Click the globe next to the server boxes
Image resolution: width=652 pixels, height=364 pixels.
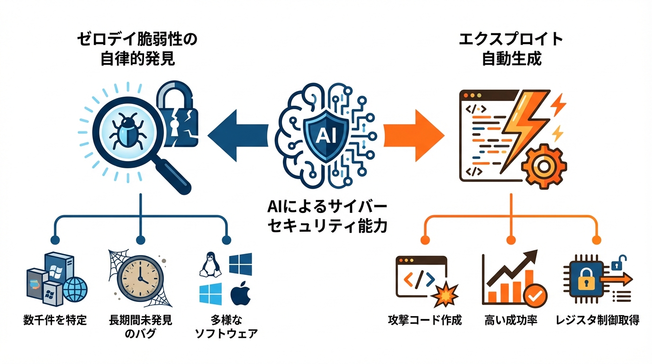click(75, 290)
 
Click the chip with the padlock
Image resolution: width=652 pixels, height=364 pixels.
click(586, 280)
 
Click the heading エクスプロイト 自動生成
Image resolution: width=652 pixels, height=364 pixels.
click(511, 49)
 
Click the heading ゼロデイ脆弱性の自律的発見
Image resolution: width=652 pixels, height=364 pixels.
click(137, 49)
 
